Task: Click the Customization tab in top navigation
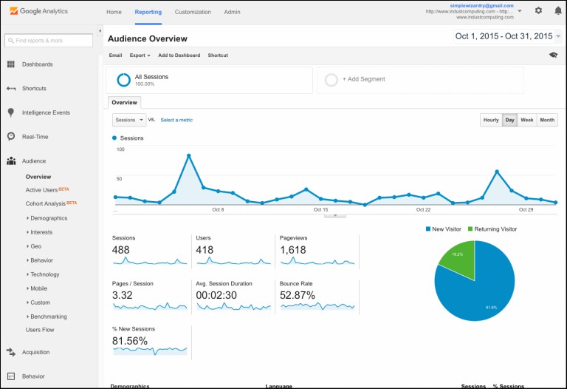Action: click(x=193, y=12)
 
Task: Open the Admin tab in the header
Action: click(x=232, y=12)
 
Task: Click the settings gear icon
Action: click(x=538, y=11)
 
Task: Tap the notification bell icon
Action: click(x=557, y=11)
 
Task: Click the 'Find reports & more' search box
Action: click(x=49, y=40)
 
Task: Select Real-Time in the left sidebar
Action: click(x=34, y=136)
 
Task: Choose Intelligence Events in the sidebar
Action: click(x=46, y=112)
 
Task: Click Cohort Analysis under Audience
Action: click(x=46, y=203)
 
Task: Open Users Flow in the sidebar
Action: click(x=40, y=330)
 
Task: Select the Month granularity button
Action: click(x=546, y=120)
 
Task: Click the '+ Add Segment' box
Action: click(x=420, y=79)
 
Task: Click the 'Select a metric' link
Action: click(x=176, y=120)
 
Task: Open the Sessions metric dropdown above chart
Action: click(x=129, y=120)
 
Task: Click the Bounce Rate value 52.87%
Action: click(x=298, y=295)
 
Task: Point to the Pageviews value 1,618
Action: click(x=293, y=250)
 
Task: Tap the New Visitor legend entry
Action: click(x=445, y=229)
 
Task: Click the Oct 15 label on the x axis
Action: click(x=320, y=209)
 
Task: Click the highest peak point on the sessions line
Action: click(x=189, y=155)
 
